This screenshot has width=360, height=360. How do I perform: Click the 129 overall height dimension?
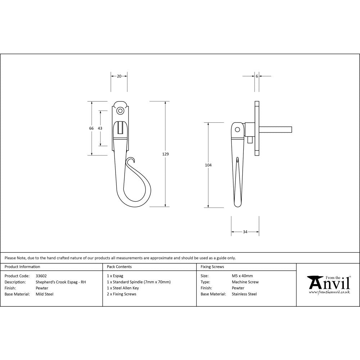(x=166, y=154)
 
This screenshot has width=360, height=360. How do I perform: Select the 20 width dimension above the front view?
(x=119, y=76)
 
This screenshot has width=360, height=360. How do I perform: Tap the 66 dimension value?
(x=91, y=129)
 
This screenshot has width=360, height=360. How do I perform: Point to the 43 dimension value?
(x=100, y=129)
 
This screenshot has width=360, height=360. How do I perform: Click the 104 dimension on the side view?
(x=208, y=165)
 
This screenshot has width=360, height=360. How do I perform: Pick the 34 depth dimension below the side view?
(x=245, y=232)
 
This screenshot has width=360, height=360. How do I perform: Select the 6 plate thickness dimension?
(x=257, y=76)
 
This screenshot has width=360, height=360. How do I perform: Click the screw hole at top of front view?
(x=120, y=110)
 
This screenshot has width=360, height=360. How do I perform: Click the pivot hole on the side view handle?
(x=237, y=130)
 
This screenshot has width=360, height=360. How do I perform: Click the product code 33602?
(x=41, y=276)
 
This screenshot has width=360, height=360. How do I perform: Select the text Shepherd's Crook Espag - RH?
(x=61, y=282)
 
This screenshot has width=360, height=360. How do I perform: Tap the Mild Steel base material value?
(x=45, y=294)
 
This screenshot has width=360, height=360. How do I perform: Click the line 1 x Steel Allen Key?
(x=123, y=288)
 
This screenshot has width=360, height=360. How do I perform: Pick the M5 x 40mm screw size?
(x=242, y=276)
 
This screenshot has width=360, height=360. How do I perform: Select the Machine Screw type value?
(x=245, y=282)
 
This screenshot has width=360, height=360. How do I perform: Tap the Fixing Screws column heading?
(x=212, y=267)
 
